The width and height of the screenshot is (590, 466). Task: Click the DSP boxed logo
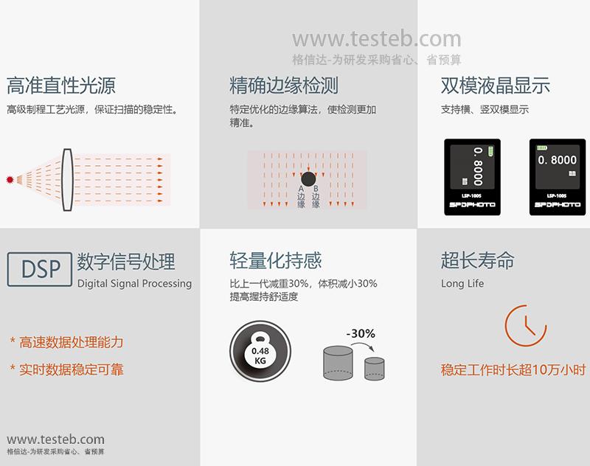click(40, 269)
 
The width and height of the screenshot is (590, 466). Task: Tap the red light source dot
click(10, 179)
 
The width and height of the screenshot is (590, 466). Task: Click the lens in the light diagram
click(67, 179)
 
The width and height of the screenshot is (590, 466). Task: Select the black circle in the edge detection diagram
click(308, 179)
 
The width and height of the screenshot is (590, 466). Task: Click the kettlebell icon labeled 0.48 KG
click(260, 351)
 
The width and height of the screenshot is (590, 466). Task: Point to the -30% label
click(361, 333)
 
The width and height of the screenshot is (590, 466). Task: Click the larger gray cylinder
click(338, 363)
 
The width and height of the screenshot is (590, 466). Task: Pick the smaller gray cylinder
click(375, 369)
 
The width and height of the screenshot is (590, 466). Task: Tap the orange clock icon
click(526, 326)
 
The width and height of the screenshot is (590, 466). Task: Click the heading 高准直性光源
click(61, 86)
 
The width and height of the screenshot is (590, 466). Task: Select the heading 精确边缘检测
click(284, 86)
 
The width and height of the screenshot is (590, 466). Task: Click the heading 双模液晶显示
click(495, 86)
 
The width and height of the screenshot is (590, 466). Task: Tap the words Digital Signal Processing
click(134, 284)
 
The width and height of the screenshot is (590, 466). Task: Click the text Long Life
click(462, 283)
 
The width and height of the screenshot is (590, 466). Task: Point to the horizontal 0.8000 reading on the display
click(558, 160)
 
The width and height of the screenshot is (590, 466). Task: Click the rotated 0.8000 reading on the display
click(478, 166)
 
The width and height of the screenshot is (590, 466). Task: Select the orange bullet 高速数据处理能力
click(66, 342)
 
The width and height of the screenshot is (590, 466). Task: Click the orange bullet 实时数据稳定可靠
click(66, 369)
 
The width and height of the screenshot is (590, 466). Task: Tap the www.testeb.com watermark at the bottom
click(56, 439)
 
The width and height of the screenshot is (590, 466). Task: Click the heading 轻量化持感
click(276, 260)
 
